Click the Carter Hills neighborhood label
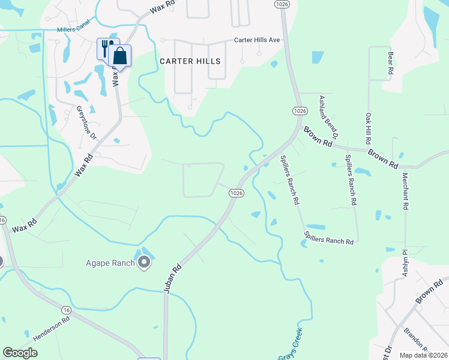pos(190,61)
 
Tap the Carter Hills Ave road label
pos(258,40)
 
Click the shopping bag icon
pos(120,56)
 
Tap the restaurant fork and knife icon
pos(105,48)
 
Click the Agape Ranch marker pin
pos(144,262)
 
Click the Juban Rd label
pos(172,280)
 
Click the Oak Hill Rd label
pos(367,128)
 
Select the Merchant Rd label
pos(406,191)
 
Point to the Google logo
pos(20,353)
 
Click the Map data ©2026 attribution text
pos(424,355)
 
